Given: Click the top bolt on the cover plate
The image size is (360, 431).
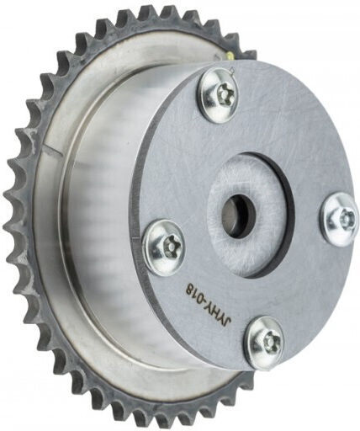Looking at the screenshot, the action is pos(220,95).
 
